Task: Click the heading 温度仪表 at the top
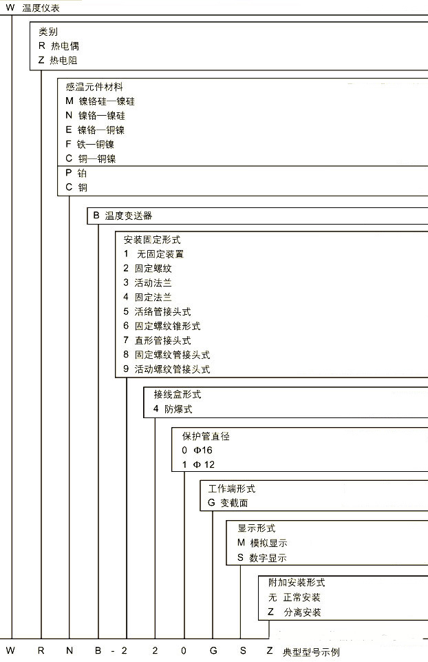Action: pyautogui.click(x=41, y=7)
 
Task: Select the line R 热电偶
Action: pyautogui.click(x=58, y=45)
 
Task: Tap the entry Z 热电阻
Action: pyautogui.click(x=58, y=60)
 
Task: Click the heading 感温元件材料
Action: pyautogui.click(x=94, y=87)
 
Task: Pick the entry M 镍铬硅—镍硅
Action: pyautogui.click(x=100, y=101)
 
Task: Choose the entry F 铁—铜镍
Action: pyautogui.click(x=89, y=144)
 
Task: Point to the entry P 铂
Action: pyautogui.click(x=76, y=173)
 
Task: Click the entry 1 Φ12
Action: pyautogui.click(x=198, y=464)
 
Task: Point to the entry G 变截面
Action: pyautogui.click(x=224, y=503)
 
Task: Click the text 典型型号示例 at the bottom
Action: pyautogui.click(x=311, y=652)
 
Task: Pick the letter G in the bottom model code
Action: pyautogui.click(x=212, y=650)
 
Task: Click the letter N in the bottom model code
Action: pyautogui.click(x=69, y=650)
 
